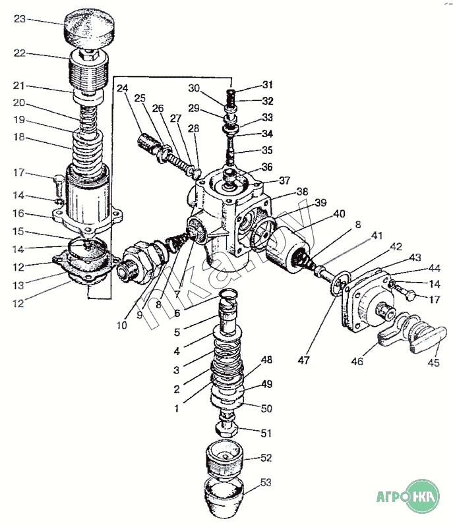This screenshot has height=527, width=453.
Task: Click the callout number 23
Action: pos(19,19)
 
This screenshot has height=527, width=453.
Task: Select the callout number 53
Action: pos(266,484)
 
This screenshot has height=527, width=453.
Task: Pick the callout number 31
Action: pos(266,84)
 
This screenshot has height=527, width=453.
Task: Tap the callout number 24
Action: pos(123,88)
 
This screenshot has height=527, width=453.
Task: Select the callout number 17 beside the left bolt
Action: pos(19,173)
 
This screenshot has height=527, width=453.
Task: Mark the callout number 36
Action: pos(266,167)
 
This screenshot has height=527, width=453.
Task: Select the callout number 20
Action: pos(19,103)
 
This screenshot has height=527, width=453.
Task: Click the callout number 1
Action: pos(175,408)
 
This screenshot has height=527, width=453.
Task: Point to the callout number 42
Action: pos(395,246)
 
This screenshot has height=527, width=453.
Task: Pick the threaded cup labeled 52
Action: pos(224,460)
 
